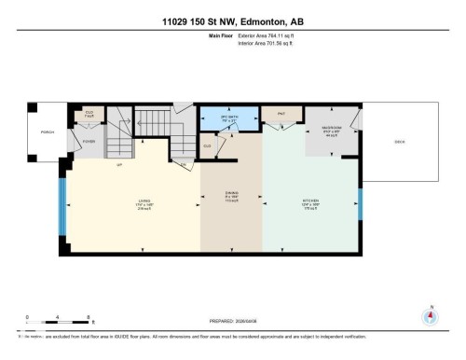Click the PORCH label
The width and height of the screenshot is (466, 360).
click(x=48, y=132)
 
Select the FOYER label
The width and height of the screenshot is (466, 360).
click(x=89, y=142)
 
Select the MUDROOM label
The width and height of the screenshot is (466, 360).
click(x=331, y=130)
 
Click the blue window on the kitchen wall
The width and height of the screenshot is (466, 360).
click(x=361, y=204)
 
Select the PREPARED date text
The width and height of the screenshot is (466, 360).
click(x=233, y=317)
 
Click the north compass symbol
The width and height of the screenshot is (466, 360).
click(x=430, y=316)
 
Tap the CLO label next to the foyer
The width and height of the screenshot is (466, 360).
click(x=89, y=114)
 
